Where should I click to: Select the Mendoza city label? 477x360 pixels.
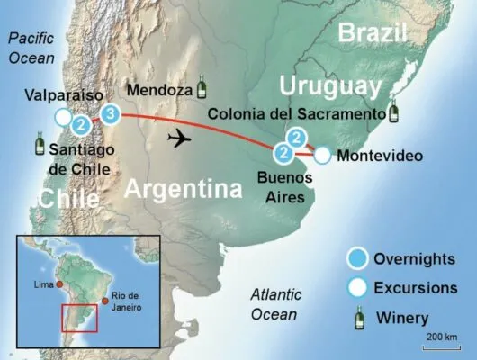click(x=159, y=91)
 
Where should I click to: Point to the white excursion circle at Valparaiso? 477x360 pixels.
click(x=62, y=117)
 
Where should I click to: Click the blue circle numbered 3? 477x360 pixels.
click(x=110, y=113)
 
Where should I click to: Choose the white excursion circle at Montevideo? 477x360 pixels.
click(x=323, y=156)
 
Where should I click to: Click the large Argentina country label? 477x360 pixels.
click(x=183, y=189)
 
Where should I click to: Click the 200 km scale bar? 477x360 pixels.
click(x=440, y=343)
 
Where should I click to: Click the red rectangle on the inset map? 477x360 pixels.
click(x=79, y=319)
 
